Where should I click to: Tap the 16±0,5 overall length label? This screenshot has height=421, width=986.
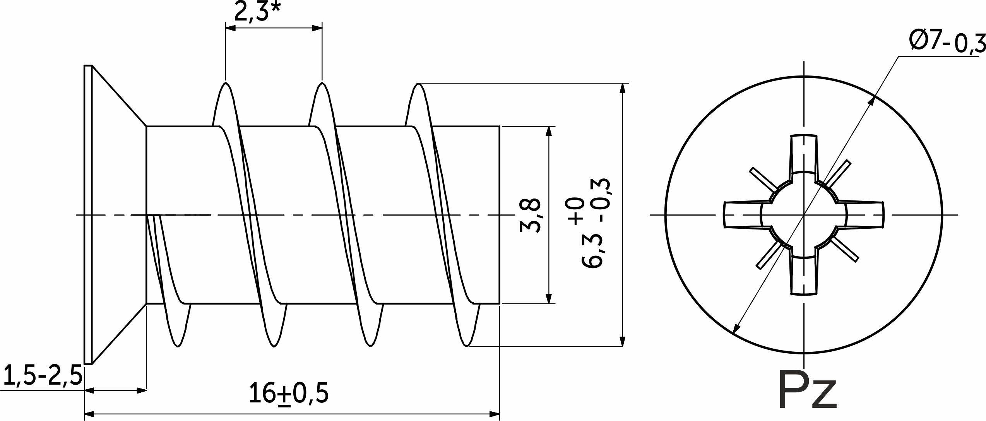click(x=288, y=393)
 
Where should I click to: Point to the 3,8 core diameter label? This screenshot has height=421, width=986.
click(x=530, y=216)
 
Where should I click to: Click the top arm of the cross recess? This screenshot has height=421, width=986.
click(x=804, y=155)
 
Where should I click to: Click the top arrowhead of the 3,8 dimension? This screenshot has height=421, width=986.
click(x=548, y=132)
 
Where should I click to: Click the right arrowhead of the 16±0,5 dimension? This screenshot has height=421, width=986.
click(x=495, y=414)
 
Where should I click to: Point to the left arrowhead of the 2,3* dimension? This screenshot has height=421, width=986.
click(x=231, y=28)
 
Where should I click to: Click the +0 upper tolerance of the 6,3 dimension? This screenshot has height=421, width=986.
click(x=576, y=210)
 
